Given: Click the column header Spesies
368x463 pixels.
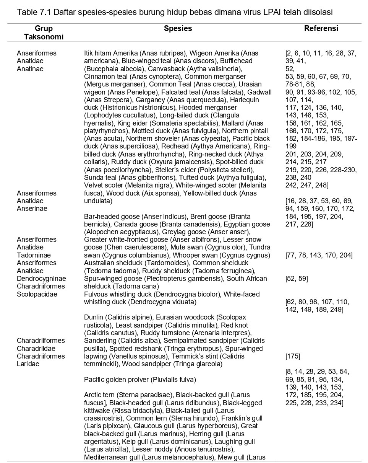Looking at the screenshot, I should pyautogui.click(x=178, y=28).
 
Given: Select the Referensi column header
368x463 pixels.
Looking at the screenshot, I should pyautogui.click(x=321, y=28).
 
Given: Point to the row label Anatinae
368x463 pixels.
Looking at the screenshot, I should pyautogui.click(x=30, y=69).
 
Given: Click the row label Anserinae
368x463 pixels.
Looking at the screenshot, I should pyautogui.click(x=32, y=209).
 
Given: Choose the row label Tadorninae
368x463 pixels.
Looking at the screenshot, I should pyautogui.click(x=34, y=255).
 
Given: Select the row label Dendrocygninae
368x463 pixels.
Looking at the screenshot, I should pyautogui.click(x=41, y=279).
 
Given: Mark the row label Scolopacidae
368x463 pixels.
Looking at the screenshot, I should pyautogui.click(x=37, y=294).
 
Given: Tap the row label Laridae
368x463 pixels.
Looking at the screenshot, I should pyautogui.click(x=28, y=364).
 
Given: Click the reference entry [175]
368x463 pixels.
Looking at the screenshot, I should pyautogui.click(x=293, y=356).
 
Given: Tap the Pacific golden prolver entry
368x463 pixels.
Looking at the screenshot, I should pyautogui.click(x=139, y=380).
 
